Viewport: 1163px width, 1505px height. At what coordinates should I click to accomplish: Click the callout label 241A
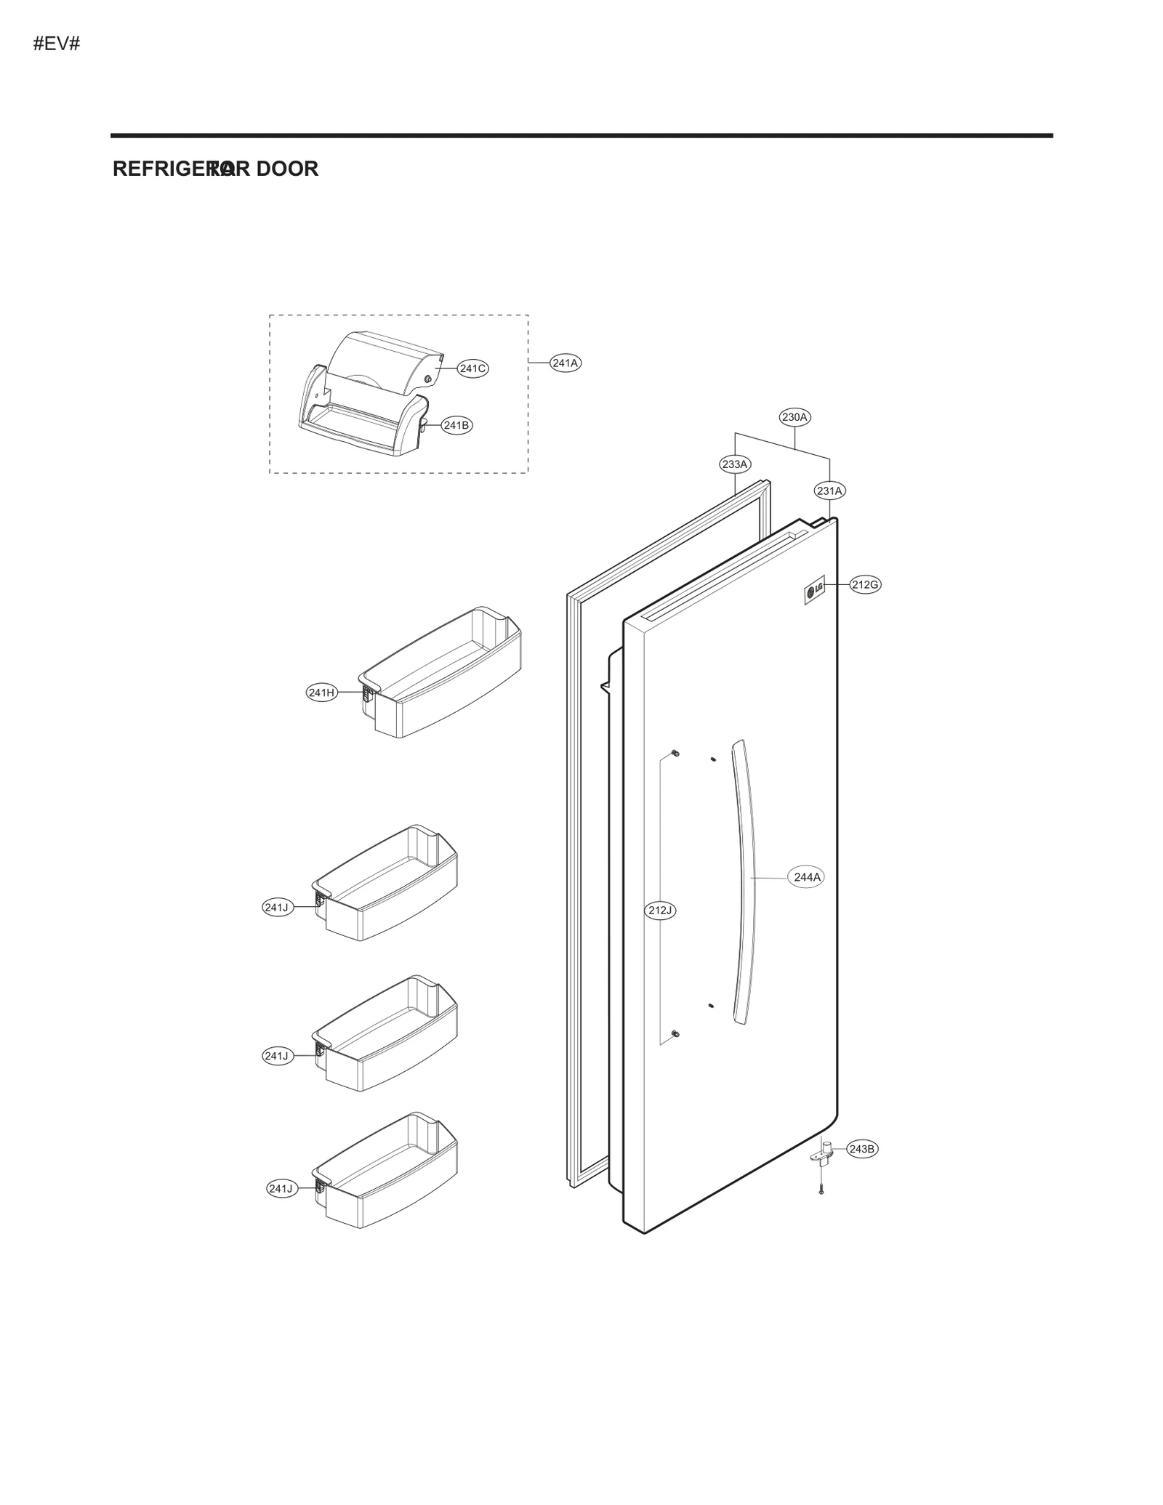(x=565, y=363)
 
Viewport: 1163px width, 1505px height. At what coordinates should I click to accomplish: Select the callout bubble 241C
(x=472, y=368)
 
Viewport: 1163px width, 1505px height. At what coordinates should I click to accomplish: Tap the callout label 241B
(x=456, y=425)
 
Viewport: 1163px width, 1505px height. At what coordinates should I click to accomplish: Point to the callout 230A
(x=794, y=417)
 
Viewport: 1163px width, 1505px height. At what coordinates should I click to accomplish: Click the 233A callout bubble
(x=735, y=464)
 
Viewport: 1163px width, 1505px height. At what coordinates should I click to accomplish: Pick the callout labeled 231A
(x=829, y=491)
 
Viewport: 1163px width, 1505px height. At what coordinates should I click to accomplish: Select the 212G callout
(x=865, y=584)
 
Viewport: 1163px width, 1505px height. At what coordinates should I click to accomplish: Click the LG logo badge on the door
(x=814, y=590)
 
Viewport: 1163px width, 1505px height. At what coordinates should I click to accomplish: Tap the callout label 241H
(x=321, y=693)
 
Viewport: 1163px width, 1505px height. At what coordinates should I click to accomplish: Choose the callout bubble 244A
(x=807, y=877)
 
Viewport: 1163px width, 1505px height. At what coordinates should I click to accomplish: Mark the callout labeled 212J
(x=661, y=910)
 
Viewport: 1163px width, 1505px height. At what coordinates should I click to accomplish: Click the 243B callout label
(x=862, y=1149)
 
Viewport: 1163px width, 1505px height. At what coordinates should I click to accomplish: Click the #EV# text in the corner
(x=56, y=44)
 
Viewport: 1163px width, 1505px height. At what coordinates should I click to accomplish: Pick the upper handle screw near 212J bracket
(x=675, y=752)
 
